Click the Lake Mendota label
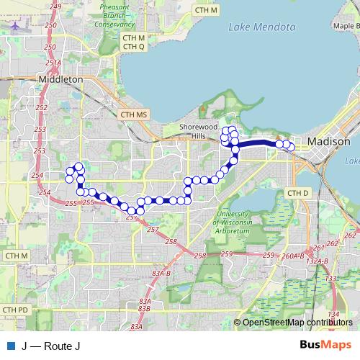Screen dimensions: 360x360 [261, 28]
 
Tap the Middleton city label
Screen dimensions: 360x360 [60, 80]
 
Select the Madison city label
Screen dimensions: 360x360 [328, 141]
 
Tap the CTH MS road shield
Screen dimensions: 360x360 [134, 114]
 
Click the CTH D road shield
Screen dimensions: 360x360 [297, 193]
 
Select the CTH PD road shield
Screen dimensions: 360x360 [15, 310]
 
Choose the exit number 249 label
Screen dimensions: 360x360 [55, 6]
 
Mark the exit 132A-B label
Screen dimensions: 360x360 [316, 262]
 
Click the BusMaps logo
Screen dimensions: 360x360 [325, 345]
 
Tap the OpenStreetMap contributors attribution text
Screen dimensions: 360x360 [298, 322]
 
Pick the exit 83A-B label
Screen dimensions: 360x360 [161, 274]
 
